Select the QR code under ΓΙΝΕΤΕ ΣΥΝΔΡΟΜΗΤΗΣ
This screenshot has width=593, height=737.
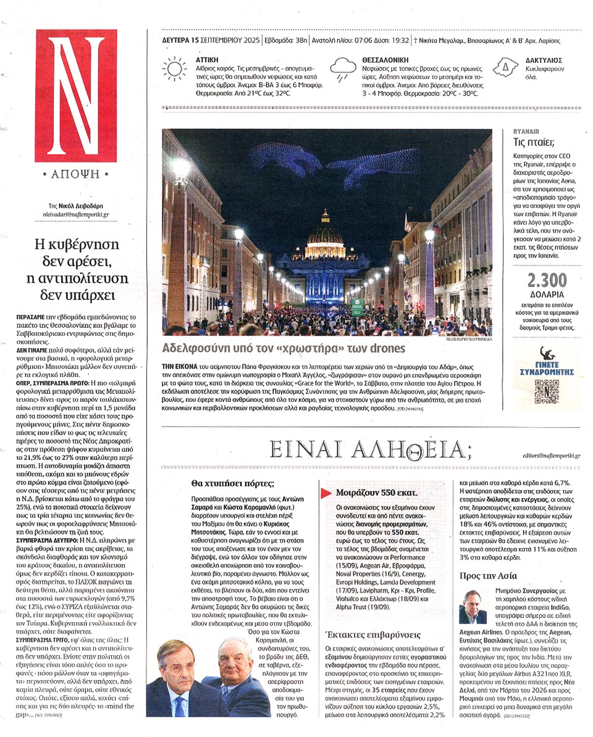point(547,391)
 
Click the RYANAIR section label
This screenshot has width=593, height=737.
point(527,132)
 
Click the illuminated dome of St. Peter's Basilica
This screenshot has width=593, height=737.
point(326,235)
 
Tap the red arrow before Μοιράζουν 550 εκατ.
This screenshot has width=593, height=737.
point(326,493)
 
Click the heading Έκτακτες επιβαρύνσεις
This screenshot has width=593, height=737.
point(363,635)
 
